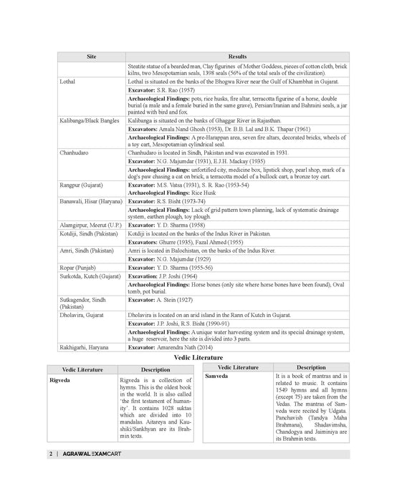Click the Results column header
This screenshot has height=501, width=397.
(236, 56)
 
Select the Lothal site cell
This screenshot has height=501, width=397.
(68, 82)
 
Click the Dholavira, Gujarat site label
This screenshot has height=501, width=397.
(82, 314)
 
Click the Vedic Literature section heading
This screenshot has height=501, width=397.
(198, 357)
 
